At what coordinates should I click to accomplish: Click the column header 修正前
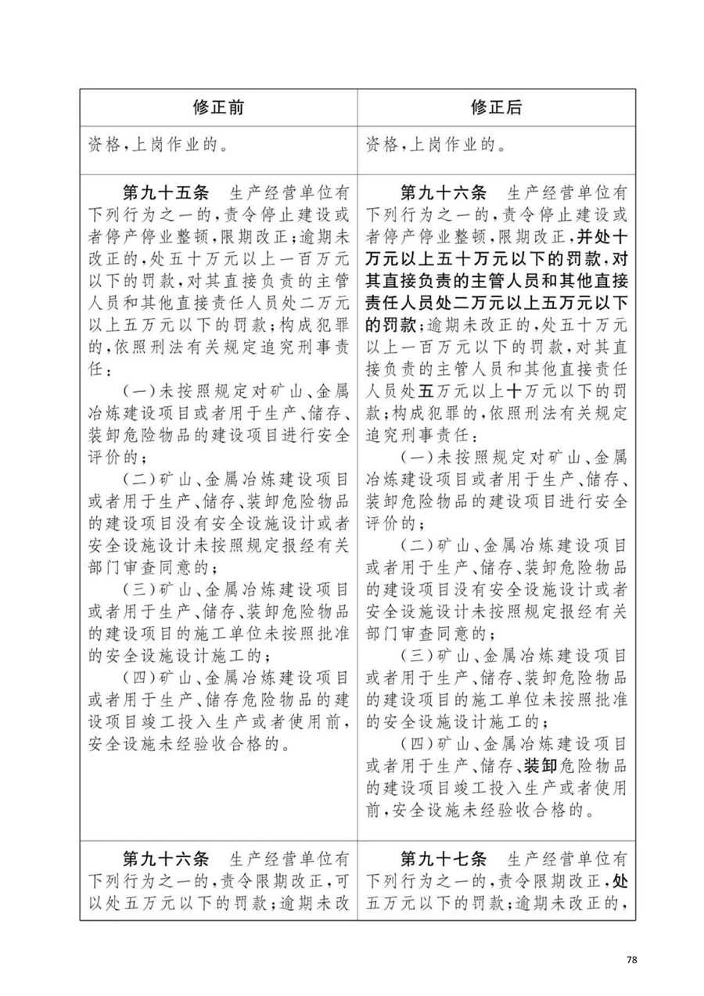(219, 107)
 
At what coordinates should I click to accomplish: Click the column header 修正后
(496, 107)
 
